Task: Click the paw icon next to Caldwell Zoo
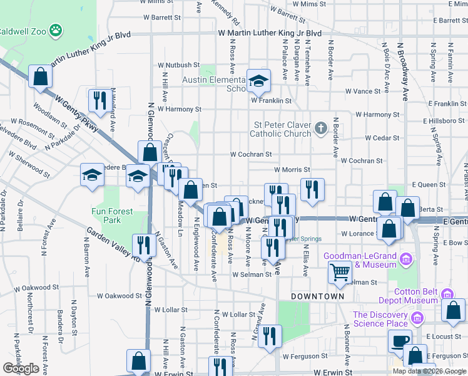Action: click(57, 29)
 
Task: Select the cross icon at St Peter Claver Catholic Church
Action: click(321, 128)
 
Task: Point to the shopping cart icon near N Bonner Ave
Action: click(340, 272)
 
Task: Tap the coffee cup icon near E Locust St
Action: click(399, 340)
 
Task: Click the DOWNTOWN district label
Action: click(317, 296)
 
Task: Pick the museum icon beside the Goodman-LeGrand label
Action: click(405, 258)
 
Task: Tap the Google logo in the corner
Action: click(21, 368)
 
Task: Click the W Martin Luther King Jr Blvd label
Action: click(270, 33)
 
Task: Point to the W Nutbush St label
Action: click(178, 65)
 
